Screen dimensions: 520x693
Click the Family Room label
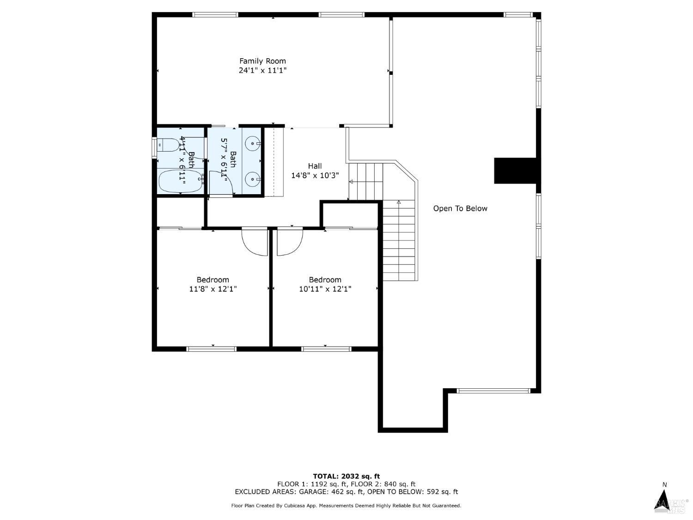coord(262,61)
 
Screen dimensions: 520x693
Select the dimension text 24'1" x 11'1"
coord(262,71)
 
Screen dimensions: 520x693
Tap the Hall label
coord(315,166)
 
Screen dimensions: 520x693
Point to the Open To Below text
coord(460,208)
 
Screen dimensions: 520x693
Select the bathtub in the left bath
coord(180,182)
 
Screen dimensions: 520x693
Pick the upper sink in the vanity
coord(252,143)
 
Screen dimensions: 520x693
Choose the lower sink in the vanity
coord(252,179)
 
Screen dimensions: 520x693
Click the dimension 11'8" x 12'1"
coord(213,289)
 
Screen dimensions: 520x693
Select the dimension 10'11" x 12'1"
coord(325,289)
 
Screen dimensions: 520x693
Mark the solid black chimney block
coord(515,171)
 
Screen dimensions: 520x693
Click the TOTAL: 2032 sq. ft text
coord(346,476)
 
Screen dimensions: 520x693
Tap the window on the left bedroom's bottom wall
coord(211,349)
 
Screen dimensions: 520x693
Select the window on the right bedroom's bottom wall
coord(326,349)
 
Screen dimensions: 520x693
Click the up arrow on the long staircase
coord(399,202)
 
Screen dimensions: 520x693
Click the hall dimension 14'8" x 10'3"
coord(315,176)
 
